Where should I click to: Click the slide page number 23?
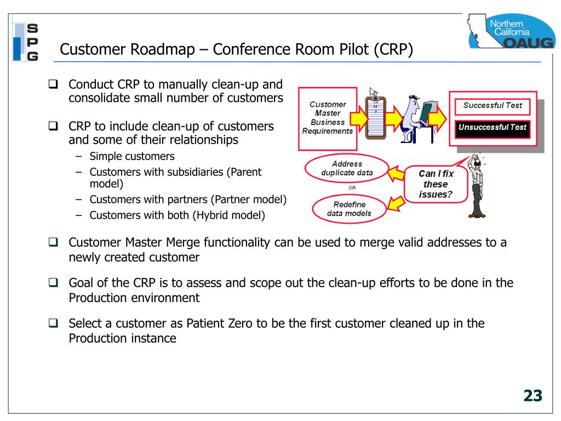coord(533,396)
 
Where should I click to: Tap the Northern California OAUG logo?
coord(511,31)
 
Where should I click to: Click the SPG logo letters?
coord(32,42)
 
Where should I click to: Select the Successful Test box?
coord(493,106)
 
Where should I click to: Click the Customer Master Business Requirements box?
coord(328,118)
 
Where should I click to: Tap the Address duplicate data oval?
coord(347,168)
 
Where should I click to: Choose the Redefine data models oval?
coord(349,209)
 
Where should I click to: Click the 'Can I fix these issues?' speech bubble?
coord(436,184)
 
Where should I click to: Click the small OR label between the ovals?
coord(352,187)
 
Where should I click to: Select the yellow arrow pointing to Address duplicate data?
coord(397,174)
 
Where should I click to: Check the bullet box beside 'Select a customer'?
coord(53,323)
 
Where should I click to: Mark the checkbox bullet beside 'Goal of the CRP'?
coord(53,282)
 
